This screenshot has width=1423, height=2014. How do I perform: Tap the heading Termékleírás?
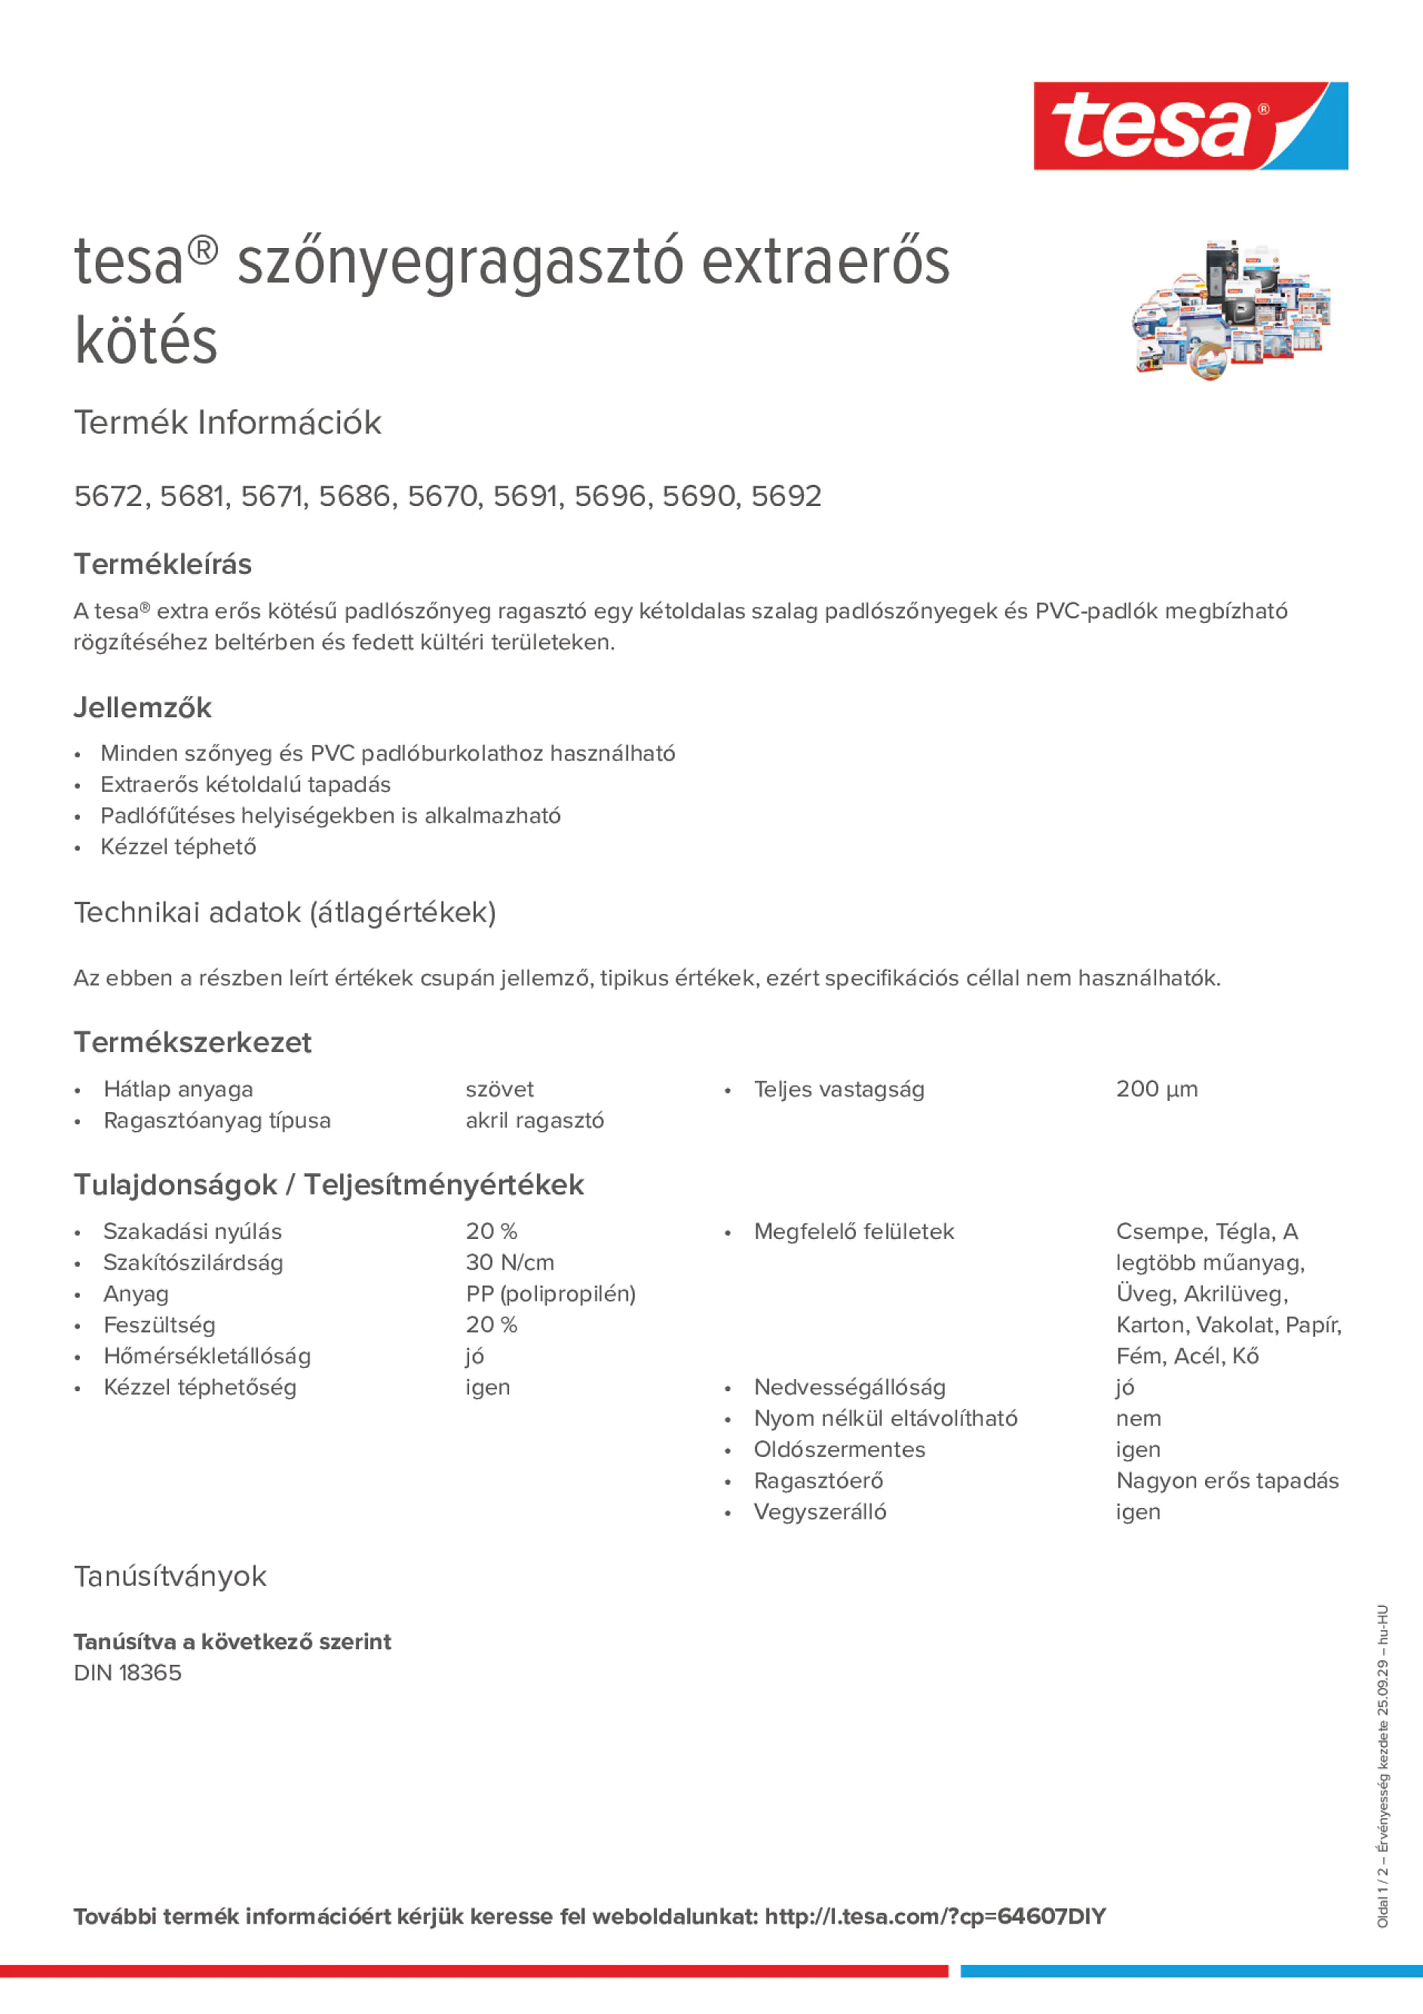162,564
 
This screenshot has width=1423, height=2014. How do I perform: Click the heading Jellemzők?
142,708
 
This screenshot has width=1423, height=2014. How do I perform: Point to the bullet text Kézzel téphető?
178,848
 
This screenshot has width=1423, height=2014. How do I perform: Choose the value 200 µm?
1156,1090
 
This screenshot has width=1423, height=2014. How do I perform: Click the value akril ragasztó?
534,1121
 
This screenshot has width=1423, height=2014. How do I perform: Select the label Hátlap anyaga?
178,1090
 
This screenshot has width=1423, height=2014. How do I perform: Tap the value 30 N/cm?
510,1263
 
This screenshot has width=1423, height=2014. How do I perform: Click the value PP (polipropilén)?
550,1294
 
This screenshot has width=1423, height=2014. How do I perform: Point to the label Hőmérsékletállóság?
207,1356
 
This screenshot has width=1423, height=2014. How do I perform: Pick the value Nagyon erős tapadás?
1226,1481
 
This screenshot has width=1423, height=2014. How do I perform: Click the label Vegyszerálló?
820,1513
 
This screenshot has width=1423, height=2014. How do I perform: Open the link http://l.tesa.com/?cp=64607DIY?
934,1917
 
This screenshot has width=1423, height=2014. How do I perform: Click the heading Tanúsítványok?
170,1576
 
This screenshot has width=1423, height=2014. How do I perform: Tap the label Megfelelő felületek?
854,1231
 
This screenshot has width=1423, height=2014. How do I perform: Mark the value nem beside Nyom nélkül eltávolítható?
1138,1418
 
